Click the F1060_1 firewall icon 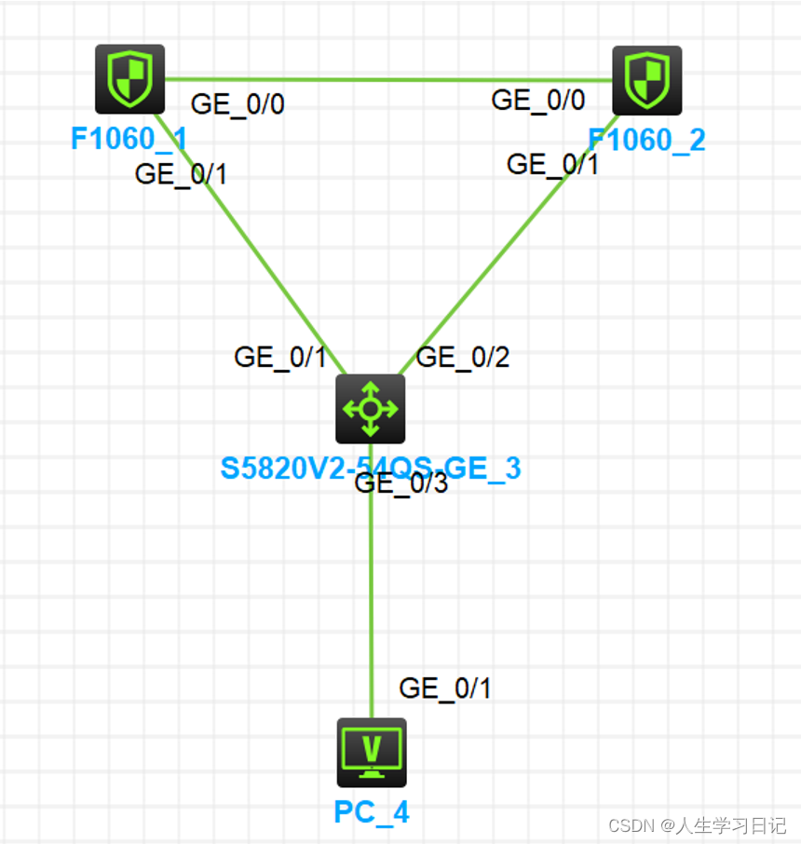coord(130,78)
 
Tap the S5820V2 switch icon coord(370,409)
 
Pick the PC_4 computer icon coord(371,752)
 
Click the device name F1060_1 coord(129,140)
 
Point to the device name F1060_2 coord(646,141)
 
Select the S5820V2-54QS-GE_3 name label coord(370,468)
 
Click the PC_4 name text coord(371,812)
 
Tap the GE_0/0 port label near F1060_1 coord(238,104)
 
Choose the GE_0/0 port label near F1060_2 coord(538,100)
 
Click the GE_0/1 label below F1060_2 coord(552,164)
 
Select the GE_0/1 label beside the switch coord(279,357)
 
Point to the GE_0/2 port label coord(463,357)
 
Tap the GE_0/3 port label coord(401,483)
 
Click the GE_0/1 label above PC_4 coord(444,688)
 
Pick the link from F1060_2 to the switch coord(508,245)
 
